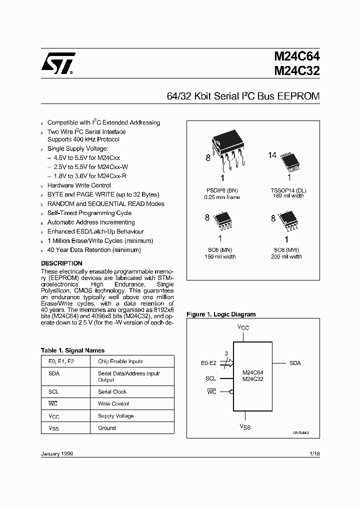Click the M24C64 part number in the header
[296, 57]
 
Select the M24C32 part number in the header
[296, 70]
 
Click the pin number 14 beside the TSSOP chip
[272, 155]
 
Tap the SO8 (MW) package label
[287, 250]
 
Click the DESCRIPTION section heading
[61, 263]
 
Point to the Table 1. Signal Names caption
[72, 350]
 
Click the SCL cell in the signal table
[54, 392]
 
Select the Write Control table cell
[113, 404]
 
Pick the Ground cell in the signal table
[107, 428]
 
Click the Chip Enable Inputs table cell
[120, 361]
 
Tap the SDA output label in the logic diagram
[295, 363]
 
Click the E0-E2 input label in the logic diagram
[208, 363]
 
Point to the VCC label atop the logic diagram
[243, 327]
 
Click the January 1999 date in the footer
[56, 453]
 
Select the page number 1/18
[314, 453]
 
